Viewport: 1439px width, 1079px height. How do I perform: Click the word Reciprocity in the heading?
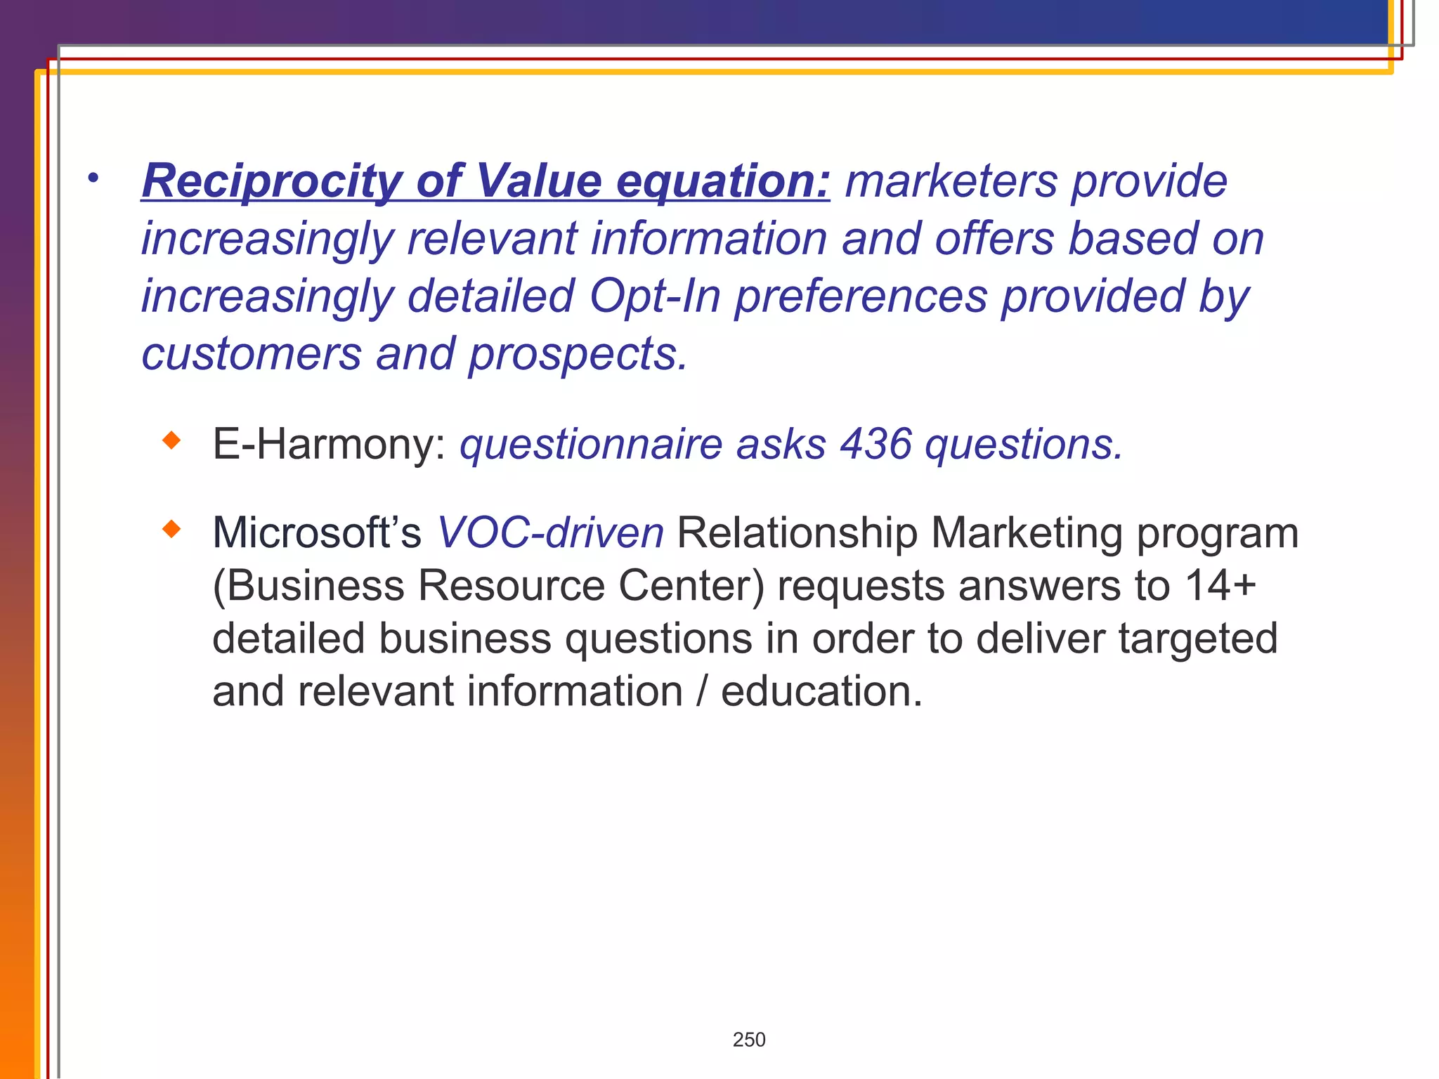click(272, 181)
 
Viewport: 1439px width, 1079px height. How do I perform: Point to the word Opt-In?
click(655, 296)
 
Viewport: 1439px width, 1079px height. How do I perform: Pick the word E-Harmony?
click(329, 444)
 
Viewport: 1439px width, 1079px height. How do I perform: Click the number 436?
click(875, 444)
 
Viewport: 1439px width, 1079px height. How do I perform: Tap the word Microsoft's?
click(316, 532)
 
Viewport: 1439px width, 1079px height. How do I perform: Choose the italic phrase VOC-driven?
click(550, 532)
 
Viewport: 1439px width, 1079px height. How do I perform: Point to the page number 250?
click(749, 1040)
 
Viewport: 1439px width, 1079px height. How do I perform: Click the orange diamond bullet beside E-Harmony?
click(171, 441)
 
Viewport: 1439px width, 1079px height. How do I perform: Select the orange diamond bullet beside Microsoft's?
click(171, 529)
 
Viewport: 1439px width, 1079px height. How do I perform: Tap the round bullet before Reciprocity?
click(93, 178)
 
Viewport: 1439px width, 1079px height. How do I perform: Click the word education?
click(821, 691)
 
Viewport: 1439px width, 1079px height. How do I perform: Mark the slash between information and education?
click(702, 691)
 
